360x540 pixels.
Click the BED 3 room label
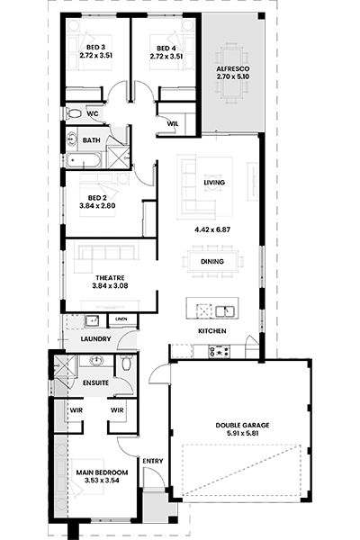point(95,48)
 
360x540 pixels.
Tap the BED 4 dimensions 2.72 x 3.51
point(166,56)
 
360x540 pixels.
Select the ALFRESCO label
point(233,69)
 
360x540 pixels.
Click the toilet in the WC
point(74,113)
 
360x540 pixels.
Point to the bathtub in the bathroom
point(84,160)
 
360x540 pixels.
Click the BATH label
point(92,140)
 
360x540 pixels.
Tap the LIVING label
point(214,182)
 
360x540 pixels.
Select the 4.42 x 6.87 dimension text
point(212,229)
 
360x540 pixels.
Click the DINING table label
point(212,262)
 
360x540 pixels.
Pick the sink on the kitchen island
point(225,311)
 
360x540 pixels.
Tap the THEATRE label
point(110,278)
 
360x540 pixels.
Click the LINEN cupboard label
point(121,319)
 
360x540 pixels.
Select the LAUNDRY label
point(95,339)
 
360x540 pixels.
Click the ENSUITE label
point(95,383)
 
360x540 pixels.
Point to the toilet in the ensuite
point(126,363)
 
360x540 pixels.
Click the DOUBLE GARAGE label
point(242,426)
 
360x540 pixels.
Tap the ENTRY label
point(153,461)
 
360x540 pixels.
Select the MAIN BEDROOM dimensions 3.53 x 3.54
point(102,481)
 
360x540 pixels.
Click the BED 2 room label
point(97,198)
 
